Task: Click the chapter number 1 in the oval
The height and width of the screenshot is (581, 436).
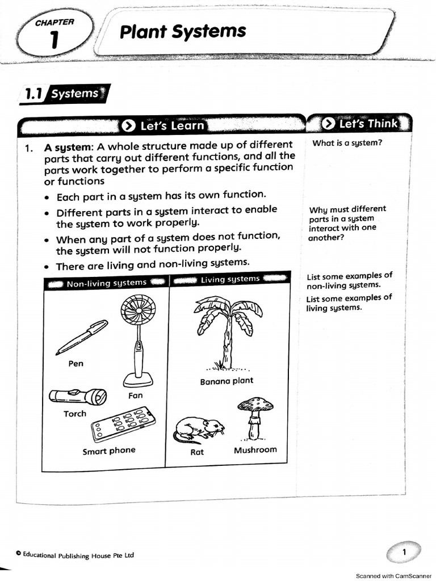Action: [53, 41]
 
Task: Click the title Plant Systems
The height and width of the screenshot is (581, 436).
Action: [183, 31]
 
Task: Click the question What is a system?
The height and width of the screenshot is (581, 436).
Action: [347, 143]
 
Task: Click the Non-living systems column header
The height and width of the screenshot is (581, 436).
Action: [106, 283]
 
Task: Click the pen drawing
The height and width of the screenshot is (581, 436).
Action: [82, 337]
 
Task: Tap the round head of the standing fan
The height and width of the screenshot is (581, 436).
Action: [138, 314]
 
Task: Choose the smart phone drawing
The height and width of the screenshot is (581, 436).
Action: [121, 423]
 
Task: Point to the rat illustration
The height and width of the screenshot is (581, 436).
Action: [199, 428]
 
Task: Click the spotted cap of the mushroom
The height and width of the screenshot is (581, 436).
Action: [255, 405]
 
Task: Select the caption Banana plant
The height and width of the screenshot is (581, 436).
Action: [227, 381]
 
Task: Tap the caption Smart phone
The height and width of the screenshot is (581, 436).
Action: [109, 451]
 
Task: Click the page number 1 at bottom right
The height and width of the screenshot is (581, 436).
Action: [404, 552]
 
